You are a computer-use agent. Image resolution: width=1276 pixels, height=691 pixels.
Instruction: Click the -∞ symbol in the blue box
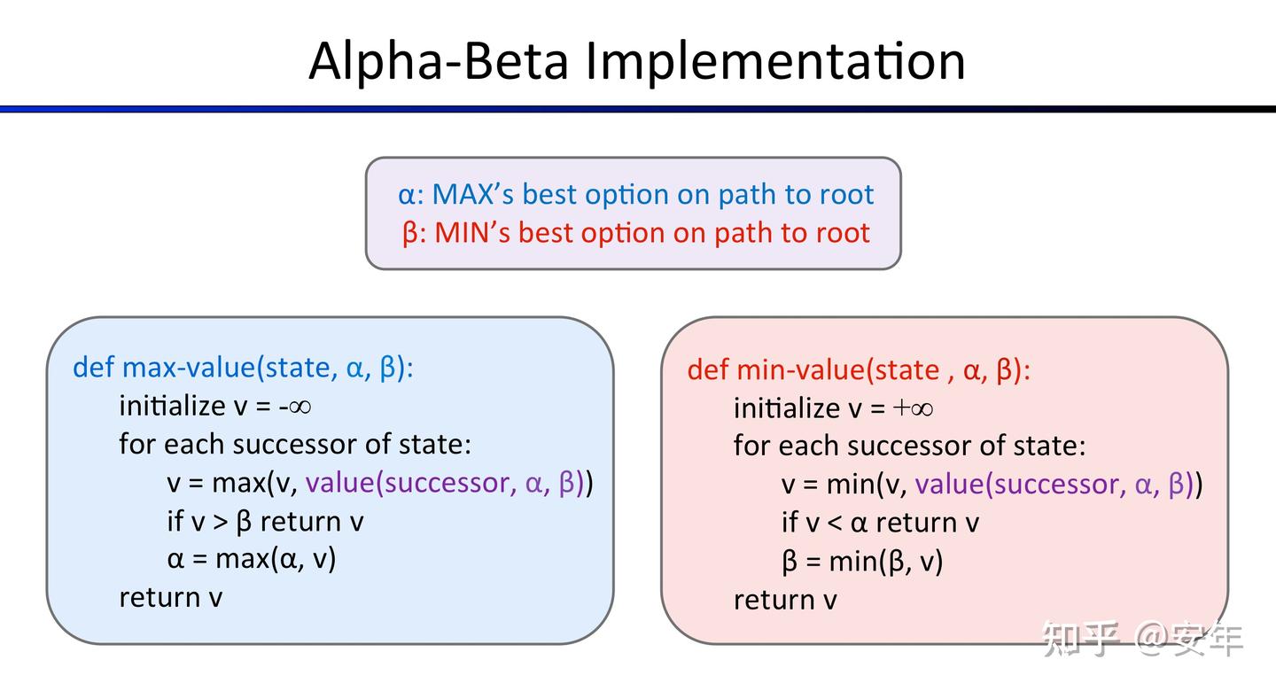coord(294,406)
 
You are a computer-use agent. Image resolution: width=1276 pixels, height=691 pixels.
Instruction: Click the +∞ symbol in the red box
coord(914,408)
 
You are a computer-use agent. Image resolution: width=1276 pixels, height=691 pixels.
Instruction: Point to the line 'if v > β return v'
coord(265,521)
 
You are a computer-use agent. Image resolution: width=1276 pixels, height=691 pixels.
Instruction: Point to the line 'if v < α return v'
coord(879,523)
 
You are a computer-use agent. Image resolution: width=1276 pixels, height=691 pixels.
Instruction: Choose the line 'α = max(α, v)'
coord(252,559)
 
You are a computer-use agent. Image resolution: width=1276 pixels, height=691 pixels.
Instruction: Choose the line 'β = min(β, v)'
coord(862,562)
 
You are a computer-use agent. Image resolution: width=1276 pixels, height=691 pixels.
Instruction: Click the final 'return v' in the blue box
coord(170,597)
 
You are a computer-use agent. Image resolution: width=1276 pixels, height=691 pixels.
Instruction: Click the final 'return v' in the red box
coord(784,600)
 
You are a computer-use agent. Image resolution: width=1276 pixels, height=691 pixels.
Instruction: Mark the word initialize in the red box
coord(784,408)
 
